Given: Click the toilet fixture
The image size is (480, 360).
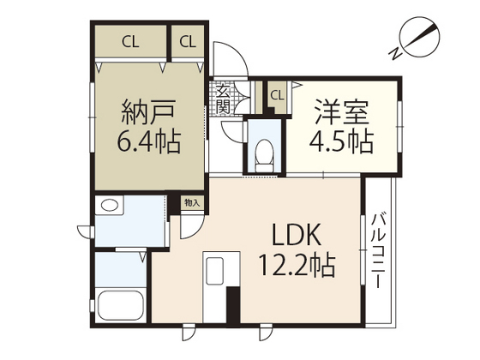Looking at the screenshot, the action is point(264,155).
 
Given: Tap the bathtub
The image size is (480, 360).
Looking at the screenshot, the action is point(121,305).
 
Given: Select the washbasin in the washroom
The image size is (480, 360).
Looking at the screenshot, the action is point(110,205).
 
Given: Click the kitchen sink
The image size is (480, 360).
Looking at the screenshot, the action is point(214,271).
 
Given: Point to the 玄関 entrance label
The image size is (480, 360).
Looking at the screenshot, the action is point(223,99).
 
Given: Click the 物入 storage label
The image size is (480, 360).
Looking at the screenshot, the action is point(192,202).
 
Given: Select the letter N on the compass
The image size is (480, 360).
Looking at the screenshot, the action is point(395,54).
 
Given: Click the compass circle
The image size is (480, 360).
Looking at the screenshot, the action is point(421,38).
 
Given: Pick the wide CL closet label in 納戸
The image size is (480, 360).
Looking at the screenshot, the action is point(130,42).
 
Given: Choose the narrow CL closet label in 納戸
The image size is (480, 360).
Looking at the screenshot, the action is point(188,42).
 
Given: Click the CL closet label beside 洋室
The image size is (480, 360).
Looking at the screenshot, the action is point(278,95).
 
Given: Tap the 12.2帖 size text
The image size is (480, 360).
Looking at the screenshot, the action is point(297,266).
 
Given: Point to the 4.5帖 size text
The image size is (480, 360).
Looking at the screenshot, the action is point(342,142).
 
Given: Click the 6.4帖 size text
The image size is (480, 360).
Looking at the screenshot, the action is point(149,142).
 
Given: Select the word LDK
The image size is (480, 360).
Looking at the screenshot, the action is point(297,235).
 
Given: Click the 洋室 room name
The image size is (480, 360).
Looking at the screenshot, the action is point(341,111).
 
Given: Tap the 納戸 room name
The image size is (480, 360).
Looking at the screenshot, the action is point(148,111).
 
